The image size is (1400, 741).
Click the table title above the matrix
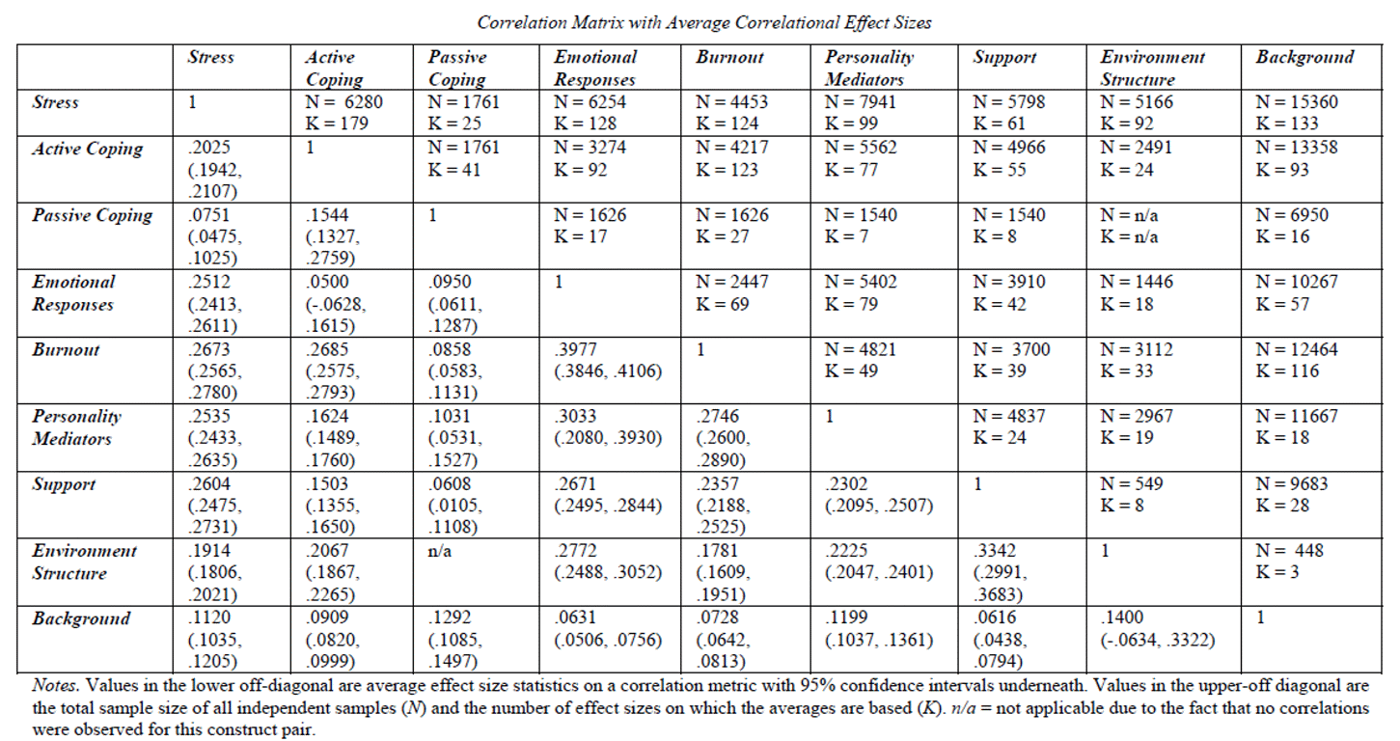tap(704, 22)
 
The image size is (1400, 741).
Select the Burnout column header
tap(730, 58)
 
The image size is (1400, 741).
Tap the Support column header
tap(1004, 58)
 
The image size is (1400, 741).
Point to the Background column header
tap(1305, 58)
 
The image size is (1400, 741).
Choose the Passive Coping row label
tap(93, 215)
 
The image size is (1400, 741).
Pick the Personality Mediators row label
tap(77, 427)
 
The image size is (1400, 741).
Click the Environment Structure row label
tap(84, 562)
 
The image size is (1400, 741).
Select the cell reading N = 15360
tap(1297, 102)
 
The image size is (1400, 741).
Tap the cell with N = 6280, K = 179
tap(343, 113)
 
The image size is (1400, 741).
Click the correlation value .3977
tap(576, 349)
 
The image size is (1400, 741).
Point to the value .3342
tap(995, 550)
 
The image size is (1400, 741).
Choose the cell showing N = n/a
tap(1130, 215)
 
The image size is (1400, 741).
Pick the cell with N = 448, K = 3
tap(1289, 562)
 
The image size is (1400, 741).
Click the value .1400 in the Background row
tap(1122, 617)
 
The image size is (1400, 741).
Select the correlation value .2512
tap(209, 282)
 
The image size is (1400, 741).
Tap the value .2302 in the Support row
tap(846, 483)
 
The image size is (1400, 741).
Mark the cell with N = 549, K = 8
tap(1131, 494)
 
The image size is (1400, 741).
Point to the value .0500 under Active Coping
tap(327, 282)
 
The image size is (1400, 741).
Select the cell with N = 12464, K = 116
tap(1297, 360)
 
